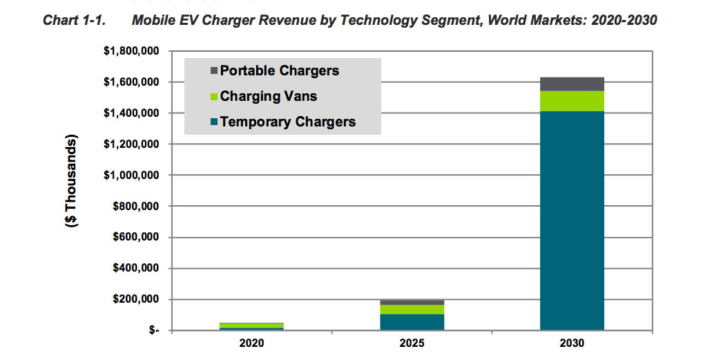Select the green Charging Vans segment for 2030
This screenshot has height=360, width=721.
(x=572, y=101)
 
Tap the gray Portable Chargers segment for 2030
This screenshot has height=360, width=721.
(x=572, y=84)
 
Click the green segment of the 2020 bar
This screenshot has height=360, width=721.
(x=251, y=325)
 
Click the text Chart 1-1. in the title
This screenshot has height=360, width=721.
(x=73, y=21)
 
